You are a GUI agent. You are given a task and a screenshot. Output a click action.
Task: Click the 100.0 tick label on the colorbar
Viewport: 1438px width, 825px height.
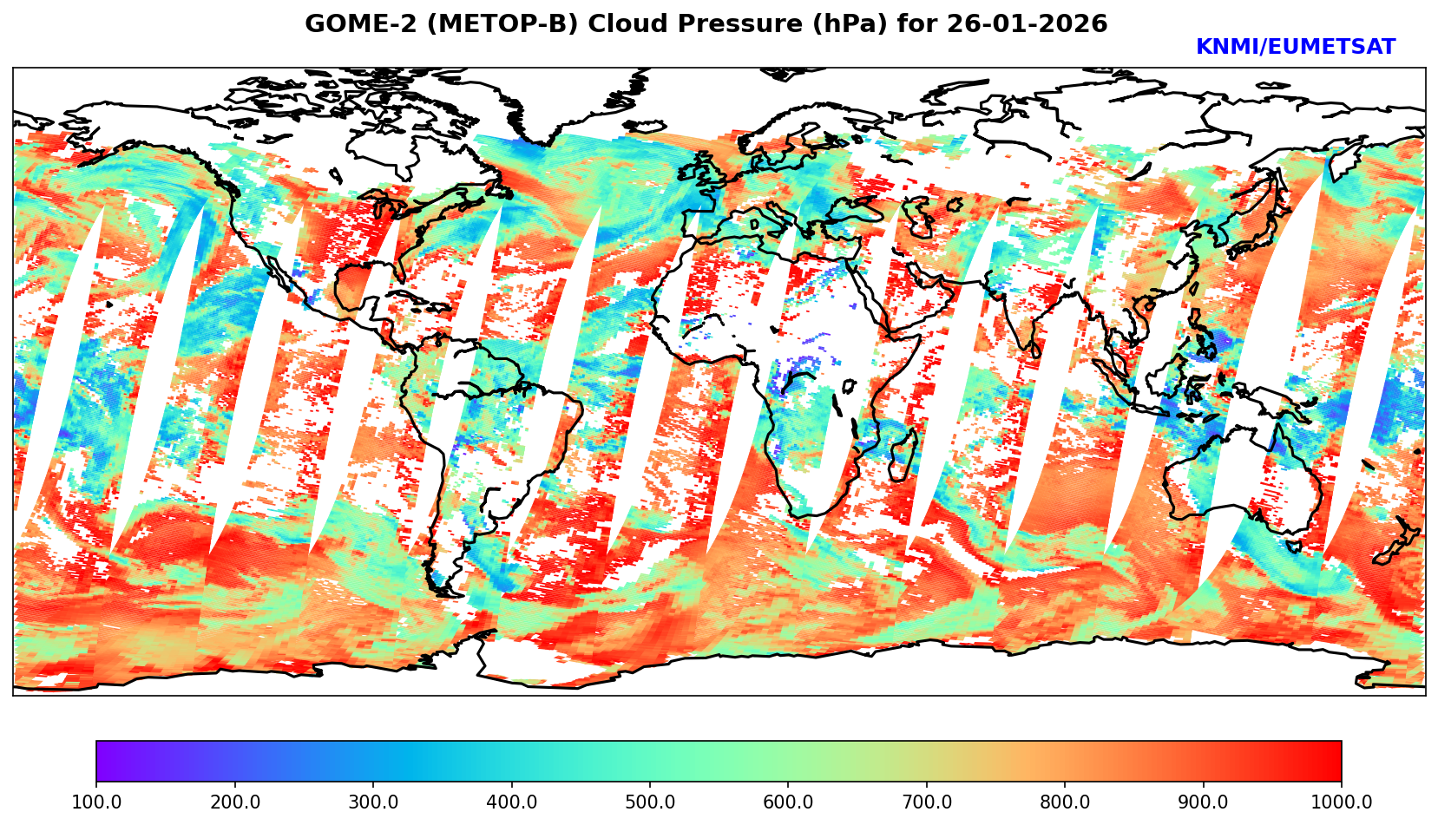[96, 802]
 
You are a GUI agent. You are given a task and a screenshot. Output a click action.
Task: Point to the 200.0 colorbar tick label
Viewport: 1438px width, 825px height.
[235, 802]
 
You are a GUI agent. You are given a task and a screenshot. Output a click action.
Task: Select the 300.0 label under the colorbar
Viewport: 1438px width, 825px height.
[373, 802]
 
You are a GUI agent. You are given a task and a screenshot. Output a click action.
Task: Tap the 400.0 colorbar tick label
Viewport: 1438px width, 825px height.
[511, 802]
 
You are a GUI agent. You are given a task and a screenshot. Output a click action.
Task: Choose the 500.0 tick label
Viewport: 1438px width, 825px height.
[650, 802]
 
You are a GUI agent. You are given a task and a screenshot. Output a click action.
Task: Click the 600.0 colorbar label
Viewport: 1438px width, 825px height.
[788, 802]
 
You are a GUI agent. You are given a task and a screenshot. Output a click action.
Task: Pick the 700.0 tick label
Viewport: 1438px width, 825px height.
[927, 802]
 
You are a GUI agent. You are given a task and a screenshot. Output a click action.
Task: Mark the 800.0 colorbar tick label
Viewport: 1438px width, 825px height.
[1065, 802]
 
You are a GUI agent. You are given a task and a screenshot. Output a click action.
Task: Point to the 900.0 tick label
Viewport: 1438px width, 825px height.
[1204, 802]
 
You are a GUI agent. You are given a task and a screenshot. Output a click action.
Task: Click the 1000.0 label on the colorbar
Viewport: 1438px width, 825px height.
[1342, 802]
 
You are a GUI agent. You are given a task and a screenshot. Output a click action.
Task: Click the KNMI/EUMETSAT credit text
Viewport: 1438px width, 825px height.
[1295, 48]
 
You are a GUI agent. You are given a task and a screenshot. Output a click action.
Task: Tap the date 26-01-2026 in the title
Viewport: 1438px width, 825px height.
[1028, 24]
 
